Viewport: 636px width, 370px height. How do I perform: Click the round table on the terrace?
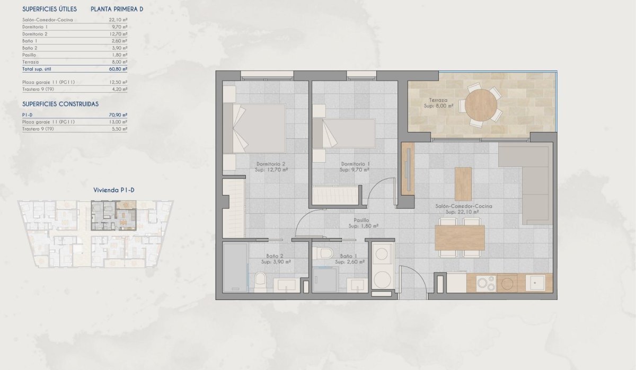(482, 104)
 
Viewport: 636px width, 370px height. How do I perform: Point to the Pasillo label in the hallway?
(363, 223)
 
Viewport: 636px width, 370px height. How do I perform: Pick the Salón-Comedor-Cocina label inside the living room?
(462, 208)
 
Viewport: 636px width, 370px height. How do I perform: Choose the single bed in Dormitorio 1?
(344, 133)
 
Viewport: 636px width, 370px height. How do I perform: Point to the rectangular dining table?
(460, 237)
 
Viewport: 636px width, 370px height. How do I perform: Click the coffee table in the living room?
(463, 184)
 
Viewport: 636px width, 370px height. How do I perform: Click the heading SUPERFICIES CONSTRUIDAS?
(60, 104)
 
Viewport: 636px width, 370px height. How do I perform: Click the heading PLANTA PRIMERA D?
(117, 9)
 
